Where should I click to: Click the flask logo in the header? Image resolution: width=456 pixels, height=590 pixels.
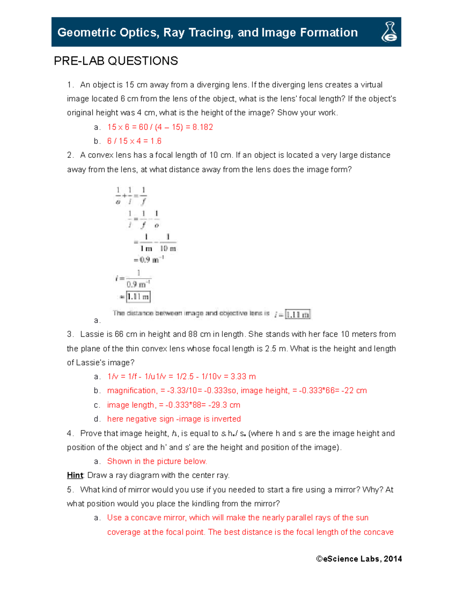(389, 32)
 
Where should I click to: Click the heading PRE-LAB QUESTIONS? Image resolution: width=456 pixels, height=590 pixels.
(116, 61)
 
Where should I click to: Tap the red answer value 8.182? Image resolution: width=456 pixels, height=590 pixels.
(203, 127)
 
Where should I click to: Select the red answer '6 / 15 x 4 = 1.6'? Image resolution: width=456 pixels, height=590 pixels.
(134, 141)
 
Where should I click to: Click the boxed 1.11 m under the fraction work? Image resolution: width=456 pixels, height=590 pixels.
(138, 297)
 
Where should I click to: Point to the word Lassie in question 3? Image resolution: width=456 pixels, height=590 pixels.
(91, 334)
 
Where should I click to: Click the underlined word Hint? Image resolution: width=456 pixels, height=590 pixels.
(75, 475)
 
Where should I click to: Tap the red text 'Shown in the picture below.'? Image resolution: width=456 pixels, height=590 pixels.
(157, 461)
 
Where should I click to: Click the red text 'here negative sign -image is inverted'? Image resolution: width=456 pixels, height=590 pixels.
(174, 419)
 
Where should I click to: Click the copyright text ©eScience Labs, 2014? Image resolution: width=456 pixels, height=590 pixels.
(359, 558)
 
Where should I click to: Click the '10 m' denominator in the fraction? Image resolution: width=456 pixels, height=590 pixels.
(168, 248)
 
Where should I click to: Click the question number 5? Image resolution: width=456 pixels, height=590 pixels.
(70, 490)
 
